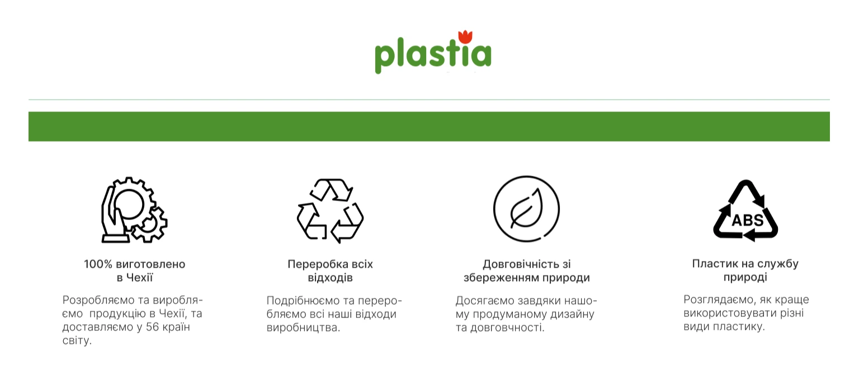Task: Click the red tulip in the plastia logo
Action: click(x=465, y=37)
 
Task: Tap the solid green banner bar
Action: click(x=429, y=127)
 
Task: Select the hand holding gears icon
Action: click(x=134, y=209)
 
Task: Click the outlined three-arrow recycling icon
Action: click(x=330, y=211)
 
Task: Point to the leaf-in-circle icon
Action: click(x=526, y=209)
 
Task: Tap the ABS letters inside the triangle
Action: click(x=747, y=221)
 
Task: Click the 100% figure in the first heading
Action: click(x=98, y=264)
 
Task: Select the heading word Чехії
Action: click(x=140, y=278)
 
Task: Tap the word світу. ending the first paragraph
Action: click(x=77, y=341)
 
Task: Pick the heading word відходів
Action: click(x=330, y=278)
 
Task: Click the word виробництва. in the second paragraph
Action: click(x=303, y=328)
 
